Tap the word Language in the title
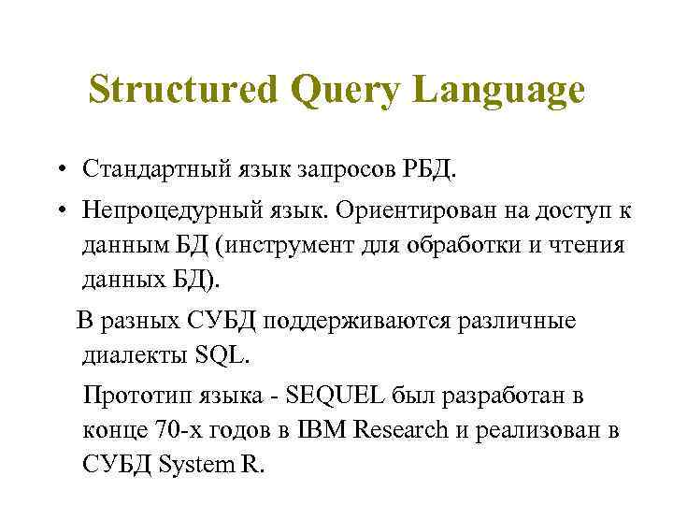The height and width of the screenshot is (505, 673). coord(498,92)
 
